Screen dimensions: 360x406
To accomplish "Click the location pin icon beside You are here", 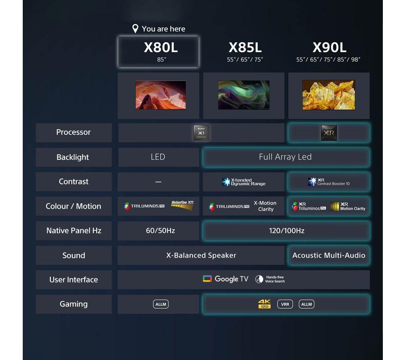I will (x=136, y=29).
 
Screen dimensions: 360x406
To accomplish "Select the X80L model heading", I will (x=161, y=48).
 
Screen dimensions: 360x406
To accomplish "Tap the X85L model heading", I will (x=245, y=48).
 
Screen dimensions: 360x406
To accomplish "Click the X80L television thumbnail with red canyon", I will (x=160, y=95).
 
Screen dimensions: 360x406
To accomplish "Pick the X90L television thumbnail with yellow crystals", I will (x=328, y=95).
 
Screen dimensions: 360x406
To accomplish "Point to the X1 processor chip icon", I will (x=201, y=133).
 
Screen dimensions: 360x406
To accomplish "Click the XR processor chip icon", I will (x=328, y=133).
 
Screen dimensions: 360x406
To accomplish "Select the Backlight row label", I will (x=73, y=157).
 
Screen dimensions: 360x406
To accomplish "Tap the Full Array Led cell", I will (x=285, y=157).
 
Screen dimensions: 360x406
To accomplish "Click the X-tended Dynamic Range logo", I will (x=244, y=182).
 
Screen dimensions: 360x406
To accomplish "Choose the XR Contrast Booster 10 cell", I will (x=328, y=182).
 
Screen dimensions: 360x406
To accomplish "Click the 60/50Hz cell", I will (x=160, y=231).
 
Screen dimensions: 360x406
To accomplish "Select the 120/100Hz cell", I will (x=286, y=231).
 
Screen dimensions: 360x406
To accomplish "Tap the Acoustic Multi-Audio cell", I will (x=328, y=255).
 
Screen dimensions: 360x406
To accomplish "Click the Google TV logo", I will (x=225, y=279).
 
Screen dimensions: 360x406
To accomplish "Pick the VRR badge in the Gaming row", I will (x=285, y=304).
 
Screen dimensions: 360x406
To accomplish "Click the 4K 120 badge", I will (x=264, y=304).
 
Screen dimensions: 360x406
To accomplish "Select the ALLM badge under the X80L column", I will (x=161, y=304).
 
